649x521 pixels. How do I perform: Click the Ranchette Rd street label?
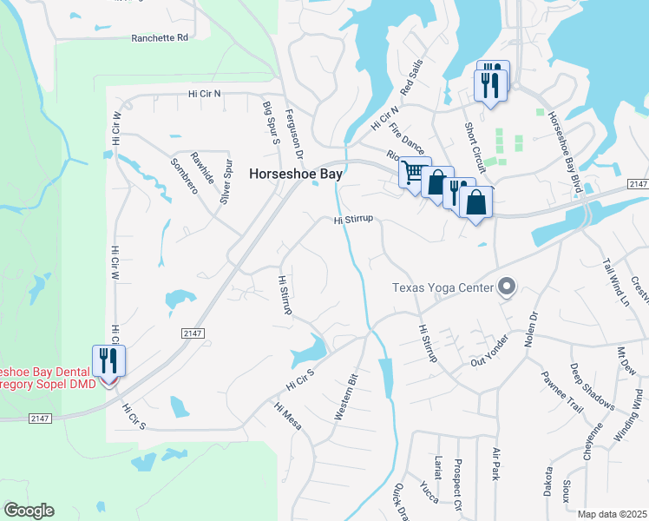(160, 38)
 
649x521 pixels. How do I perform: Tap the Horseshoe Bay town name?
(296, 174)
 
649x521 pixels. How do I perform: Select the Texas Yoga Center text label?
(442, 287)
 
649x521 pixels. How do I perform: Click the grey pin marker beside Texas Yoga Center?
(508, 287)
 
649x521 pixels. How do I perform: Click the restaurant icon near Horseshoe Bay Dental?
(108, 359)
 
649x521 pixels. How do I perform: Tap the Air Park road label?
(496, 465)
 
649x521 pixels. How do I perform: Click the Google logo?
(29, 511)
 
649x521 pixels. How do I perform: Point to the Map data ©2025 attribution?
(612, 514)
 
